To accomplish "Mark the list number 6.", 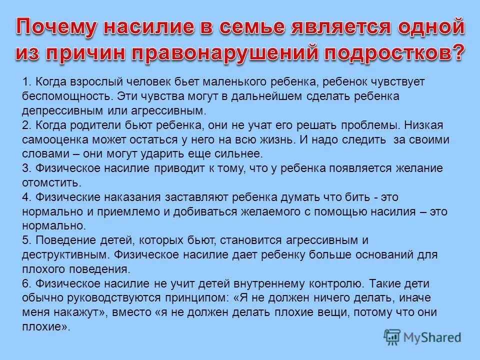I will coord(25,283).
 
